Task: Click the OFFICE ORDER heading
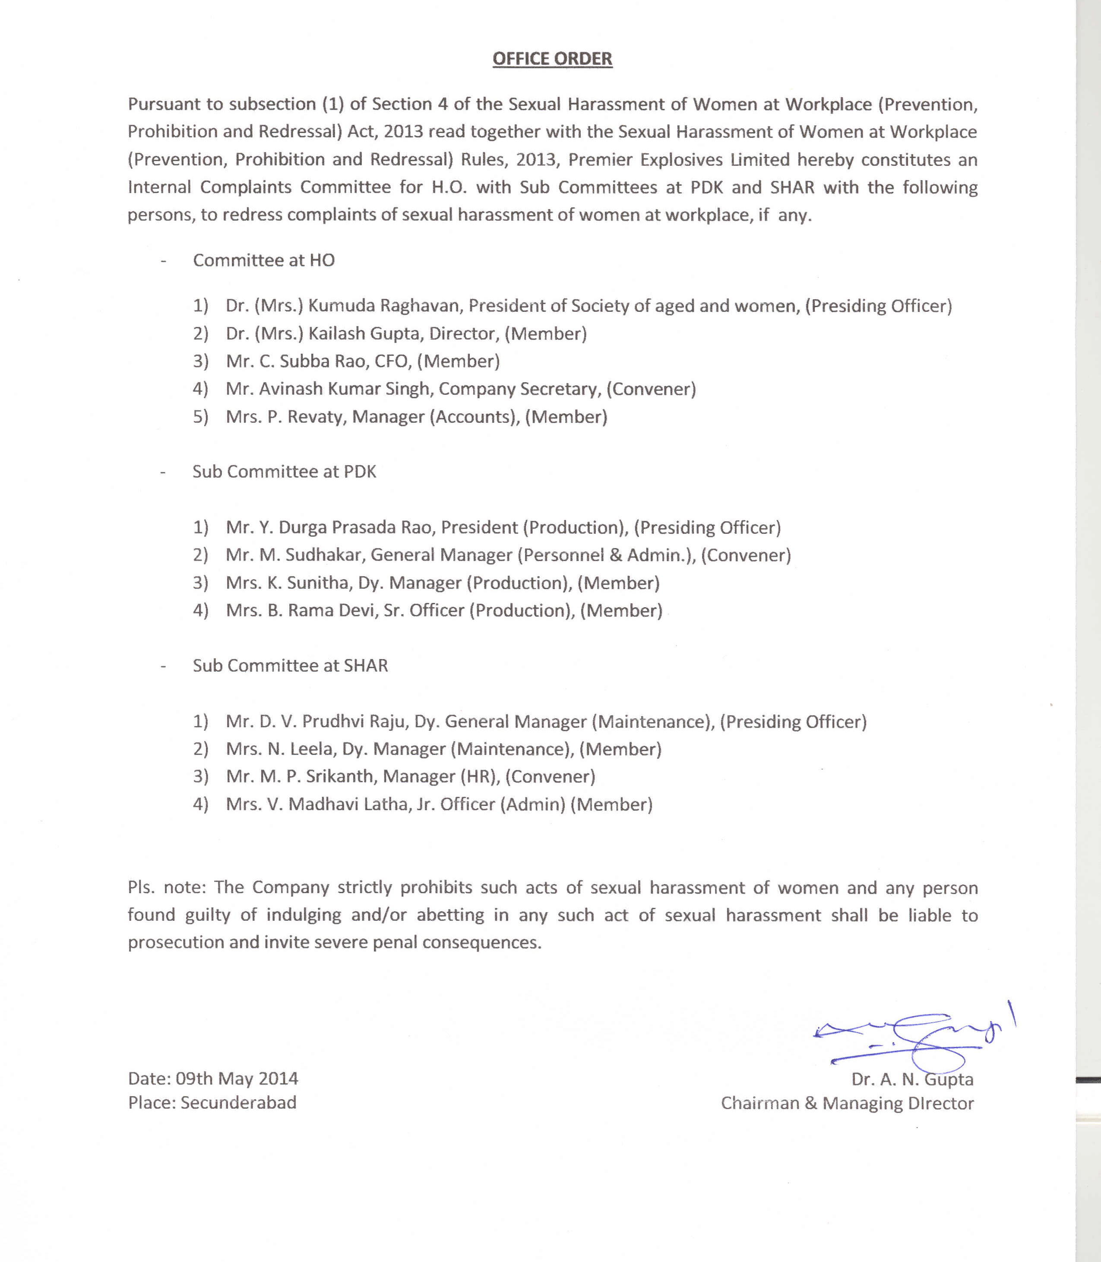pyautogui.click(x=552, y=59)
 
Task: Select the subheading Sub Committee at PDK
pyautogui.click(x=285, y=472)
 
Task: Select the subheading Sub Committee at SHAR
pyautogui.click(x=290, y=666)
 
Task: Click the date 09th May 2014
pyautogui.click(x=237, y=1078)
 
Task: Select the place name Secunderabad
pyautogui.click(x=238, y=1102)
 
